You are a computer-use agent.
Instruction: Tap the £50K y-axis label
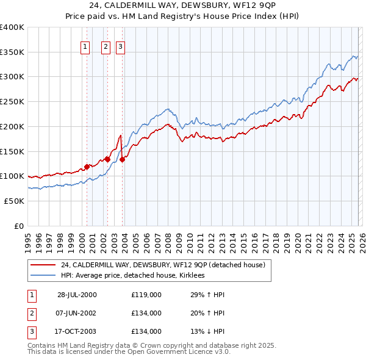tap(14, 201)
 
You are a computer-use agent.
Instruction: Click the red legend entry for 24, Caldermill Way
tap(162, 265)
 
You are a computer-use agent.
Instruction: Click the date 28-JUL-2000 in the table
tap(77, 295)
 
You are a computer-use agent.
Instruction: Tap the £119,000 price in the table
tap(146, 295)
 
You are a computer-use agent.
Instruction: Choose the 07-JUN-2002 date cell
tap(77, 313)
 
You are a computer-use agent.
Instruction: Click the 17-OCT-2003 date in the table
tap(77, 331)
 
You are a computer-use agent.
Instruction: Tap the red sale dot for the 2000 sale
tap(87, 166)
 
